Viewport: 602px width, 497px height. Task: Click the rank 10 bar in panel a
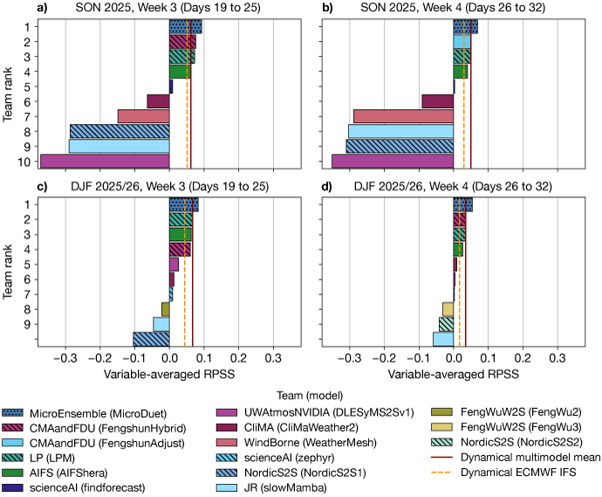[x=105, y=161]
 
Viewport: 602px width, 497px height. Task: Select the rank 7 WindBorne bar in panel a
[x=143, y=116]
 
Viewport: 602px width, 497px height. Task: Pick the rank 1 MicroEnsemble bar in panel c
[x=183, y=204]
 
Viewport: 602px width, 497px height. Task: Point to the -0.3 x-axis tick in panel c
[x=65, y=357]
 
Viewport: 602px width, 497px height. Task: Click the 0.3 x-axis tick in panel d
[x=558, y=357]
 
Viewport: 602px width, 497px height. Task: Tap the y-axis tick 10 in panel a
[x=28, y=161]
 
